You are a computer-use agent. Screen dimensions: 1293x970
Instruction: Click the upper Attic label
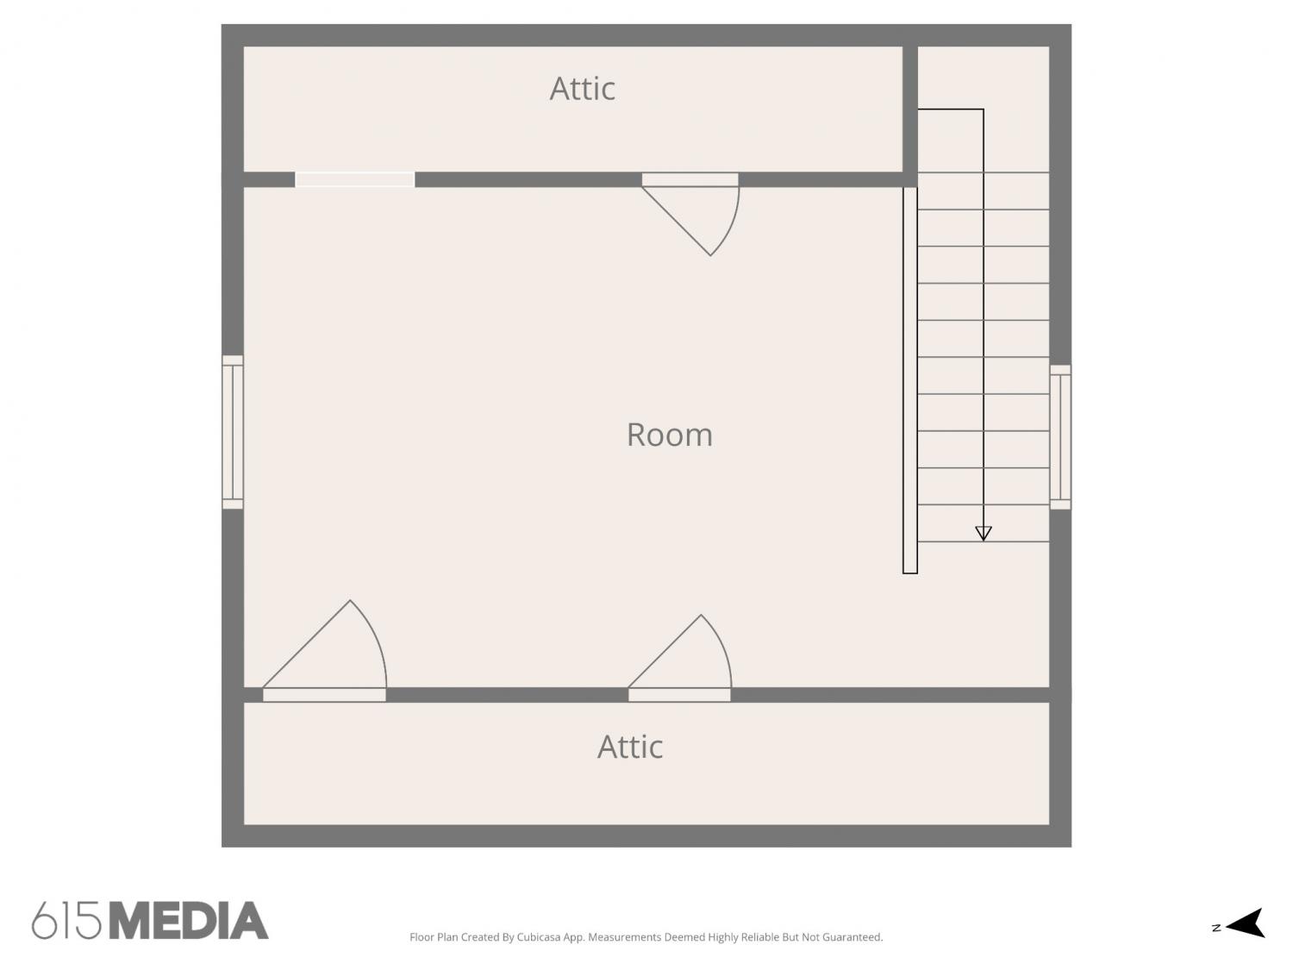[x=582, y=89]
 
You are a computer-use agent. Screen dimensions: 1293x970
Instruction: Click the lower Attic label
[x=630, y=748]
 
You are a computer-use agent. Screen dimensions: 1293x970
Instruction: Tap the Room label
[x=669, y=435]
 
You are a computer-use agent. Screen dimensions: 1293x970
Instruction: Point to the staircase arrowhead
[x=984, y=533]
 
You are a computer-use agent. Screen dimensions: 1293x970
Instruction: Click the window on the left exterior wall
[x=233, y=432]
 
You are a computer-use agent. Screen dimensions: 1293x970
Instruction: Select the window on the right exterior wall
[x=1059, y=437]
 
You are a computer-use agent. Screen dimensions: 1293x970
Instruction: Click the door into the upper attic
[x=690, y=214]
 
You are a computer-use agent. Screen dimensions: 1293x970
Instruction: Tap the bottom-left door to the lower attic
[x=325, y=651]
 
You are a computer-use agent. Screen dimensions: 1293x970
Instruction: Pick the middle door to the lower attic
[x=680, y=659]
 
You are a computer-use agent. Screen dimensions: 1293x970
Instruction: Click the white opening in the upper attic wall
[x=354, y=179]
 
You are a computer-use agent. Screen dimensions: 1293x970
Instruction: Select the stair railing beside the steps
[x=909, y=380]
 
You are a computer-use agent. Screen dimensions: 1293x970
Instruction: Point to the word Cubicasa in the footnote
[x=539, y=937]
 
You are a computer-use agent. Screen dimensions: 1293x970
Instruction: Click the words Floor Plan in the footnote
[x=434, y=937]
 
